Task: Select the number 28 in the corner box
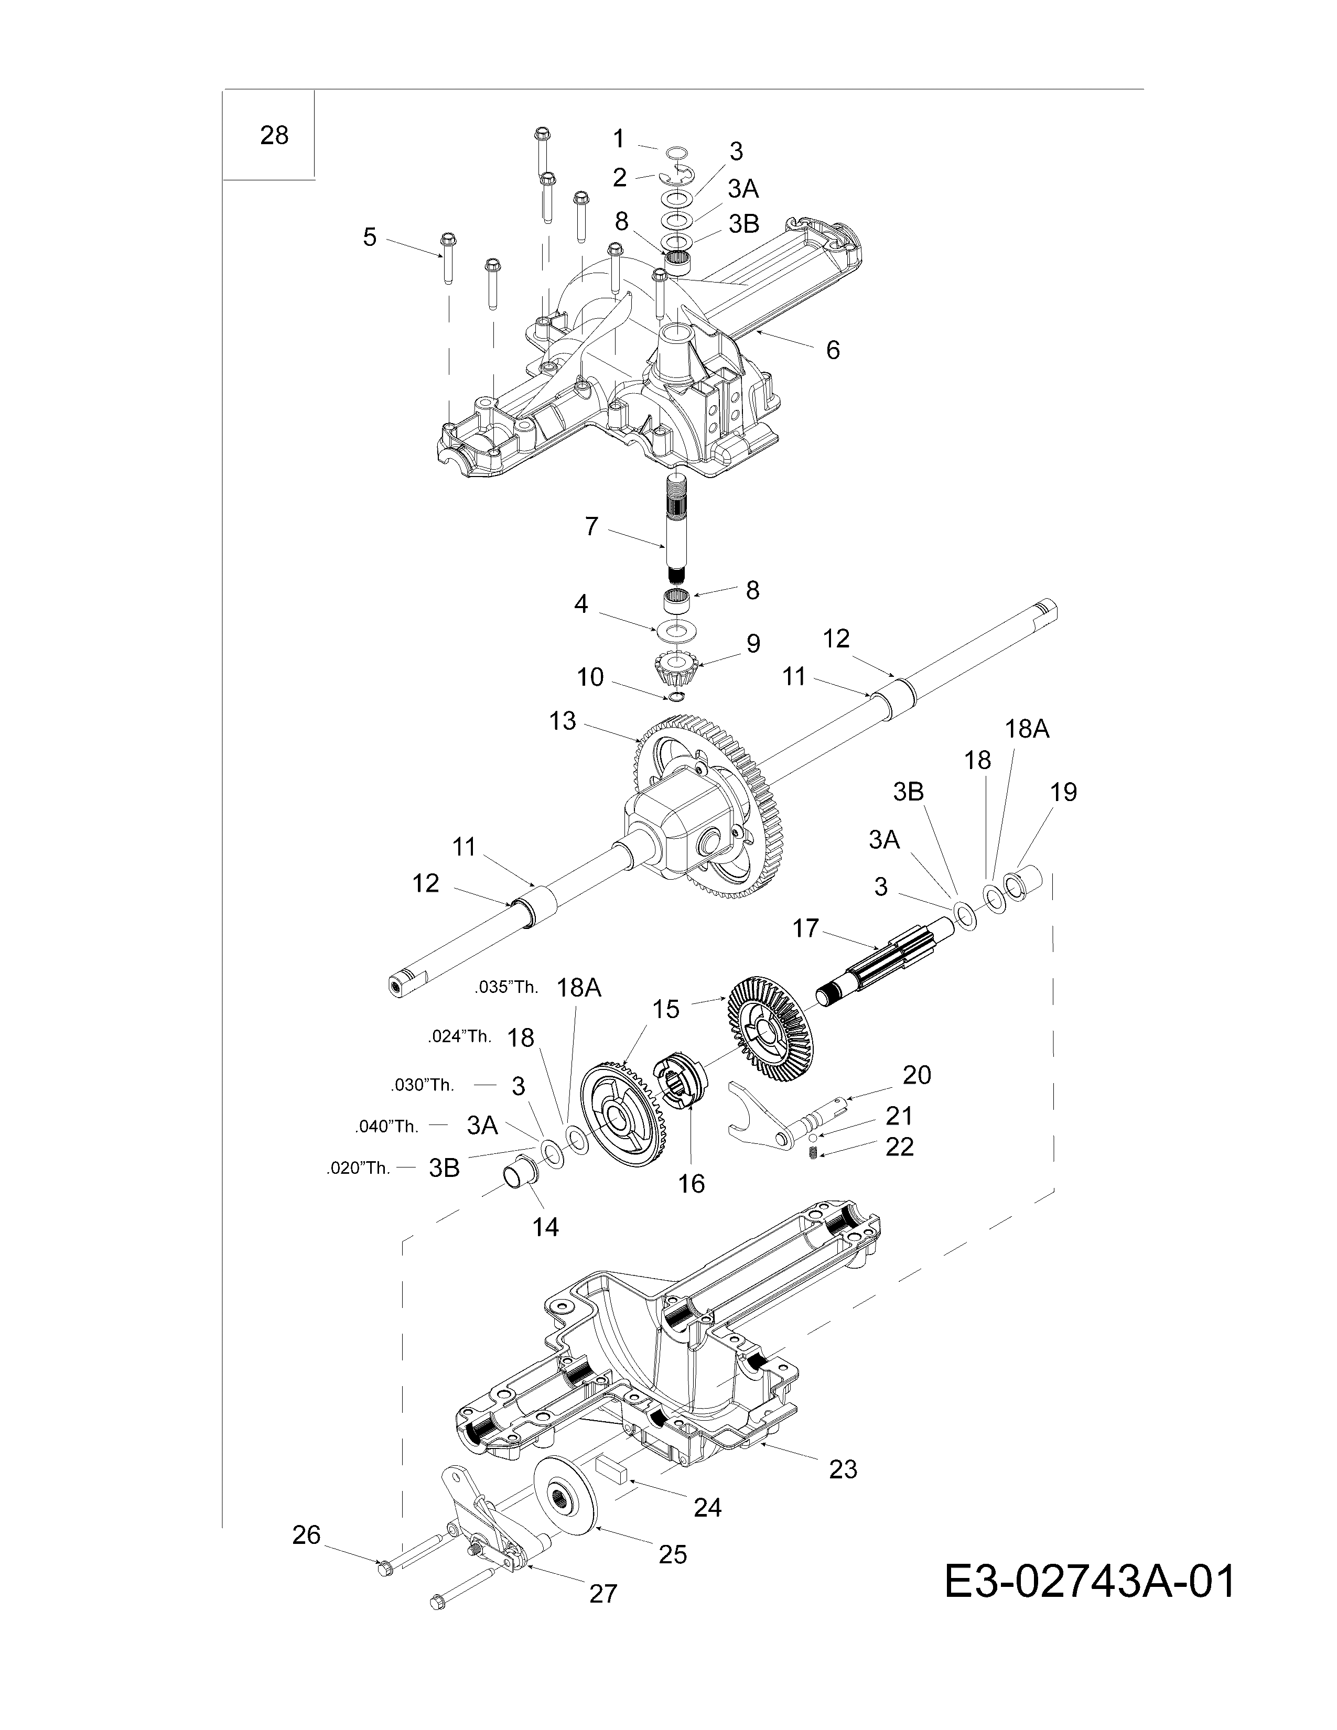pos(274,135)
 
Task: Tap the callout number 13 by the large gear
pos(563,722)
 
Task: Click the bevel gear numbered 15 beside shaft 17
pos(764,1030)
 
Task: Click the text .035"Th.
pos(506,988)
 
